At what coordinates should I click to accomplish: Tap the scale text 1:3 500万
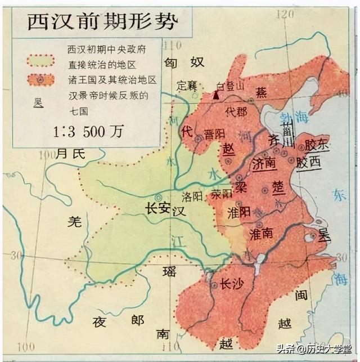click(89, 131)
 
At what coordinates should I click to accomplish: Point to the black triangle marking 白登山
click(216, 95)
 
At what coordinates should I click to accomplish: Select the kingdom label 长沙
click(231, 284)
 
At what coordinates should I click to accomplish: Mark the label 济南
click(264, 164)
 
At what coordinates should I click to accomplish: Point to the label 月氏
click(70, 153)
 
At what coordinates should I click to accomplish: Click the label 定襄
click(187, 86)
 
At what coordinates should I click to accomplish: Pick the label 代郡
click(236, 111)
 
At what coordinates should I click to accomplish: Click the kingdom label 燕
click(260, 91)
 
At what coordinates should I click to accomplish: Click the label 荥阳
click(222, 194)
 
